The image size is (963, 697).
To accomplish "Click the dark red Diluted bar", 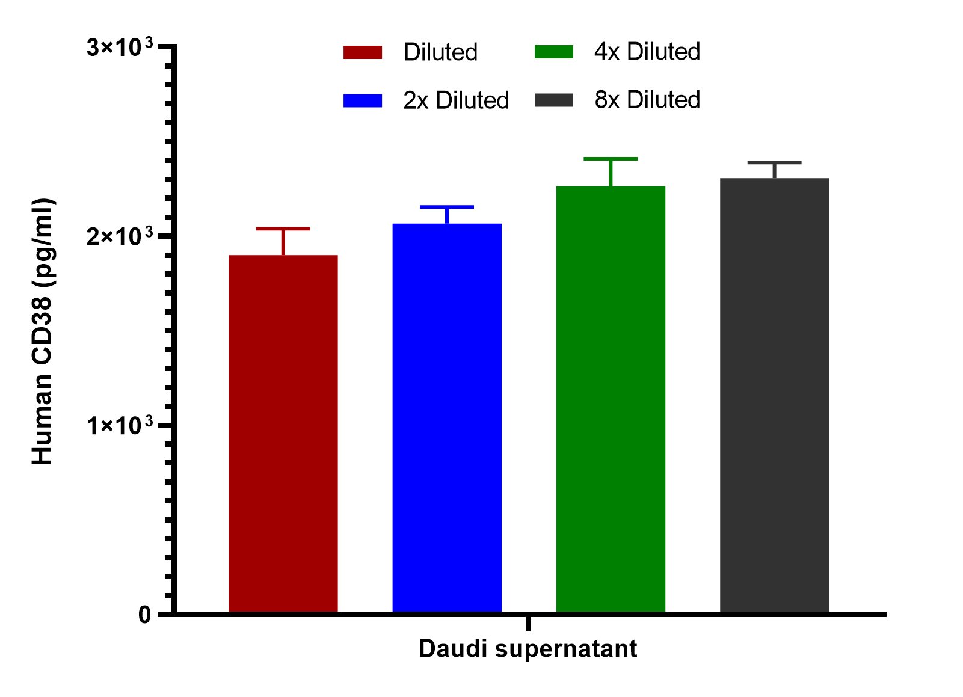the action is (x=283, y=434).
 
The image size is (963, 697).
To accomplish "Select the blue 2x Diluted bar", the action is (x=447, y=418).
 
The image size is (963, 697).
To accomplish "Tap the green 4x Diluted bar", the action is (x=611, y=399).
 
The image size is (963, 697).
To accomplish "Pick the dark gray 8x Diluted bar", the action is (x=774, y=395).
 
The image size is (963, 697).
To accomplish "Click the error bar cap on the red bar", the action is (x=283, y=229).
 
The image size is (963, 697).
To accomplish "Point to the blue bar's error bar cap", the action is (x=447, y=207).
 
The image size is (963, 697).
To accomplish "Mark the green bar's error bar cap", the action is (x=611, y=159).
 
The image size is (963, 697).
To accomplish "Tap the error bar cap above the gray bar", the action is (x=774, y=163).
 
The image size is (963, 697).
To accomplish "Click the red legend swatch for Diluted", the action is (x=363, y=52).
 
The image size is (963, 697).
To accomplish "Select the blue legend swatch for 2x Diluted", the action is (x=363, y=100).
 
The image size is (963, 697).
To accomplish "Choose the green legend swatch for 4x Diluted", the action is (x=554, y=52).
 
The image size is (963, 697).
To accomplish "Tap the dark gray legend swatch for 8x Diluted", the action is (x=554, y=100).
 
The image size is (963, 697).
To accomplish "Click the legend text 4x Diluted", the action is (x=647, y=52).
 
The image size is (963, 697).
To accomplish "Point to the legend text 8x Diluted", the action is (x=647, y=100).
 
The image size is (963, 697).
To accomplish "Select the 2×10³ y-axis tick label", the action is (x=120, y=236).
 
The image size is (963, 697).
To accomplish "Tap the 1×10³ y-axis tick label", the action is (x=120, y=425).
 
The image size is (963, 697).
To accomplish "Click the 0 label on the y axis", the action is (x=144, y=615).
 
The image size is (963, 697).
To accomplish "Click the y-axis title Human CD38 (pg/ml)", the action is (x=42, y=331).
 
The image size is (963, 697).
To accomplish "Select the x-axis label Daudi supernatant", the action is (x=528, y=649).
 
